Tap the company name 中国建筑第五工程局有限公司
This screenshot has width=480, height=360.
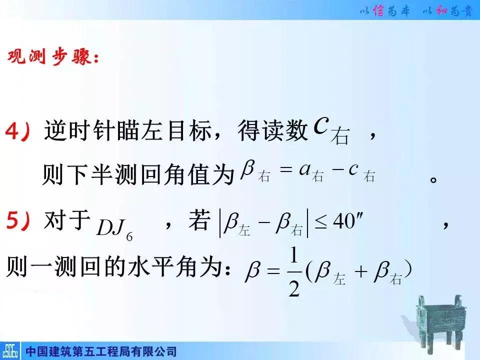click(100, 351)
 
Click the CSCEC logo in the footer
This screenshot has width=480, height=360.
click(10, 351)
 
